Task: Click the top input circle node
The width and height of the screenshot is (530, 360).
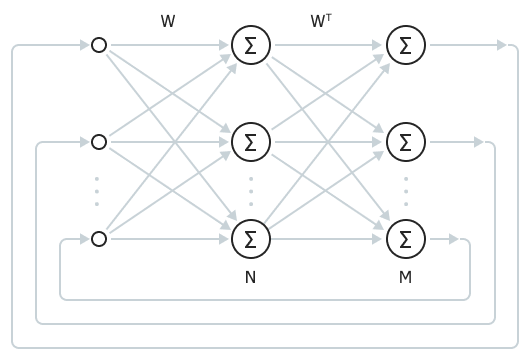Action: [x=98, y=45]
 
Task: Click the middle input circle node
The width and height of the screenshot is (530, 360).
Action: [x=98, y=142]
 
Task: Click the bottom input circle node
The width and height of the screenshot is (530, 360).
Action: [x=98, y=238]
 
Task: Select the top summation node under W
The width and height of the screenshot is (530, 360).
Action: [x=250, y=45]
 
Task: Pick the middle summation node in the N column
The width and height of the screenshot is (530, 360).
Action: [x=250, y=142]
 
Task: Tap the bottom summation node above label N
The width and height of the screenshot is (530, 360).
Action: [x=250, y=238]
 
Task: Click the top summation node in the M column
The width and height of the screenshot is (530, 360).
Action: [x=405, y=45]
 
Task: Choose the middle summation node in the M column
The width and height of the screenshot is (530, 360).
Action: [x=405, y=142]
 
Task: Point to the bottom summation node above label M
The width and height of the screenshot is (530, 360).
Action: [x=405, y=238]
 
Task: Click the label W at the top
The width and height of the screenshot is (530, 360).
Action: [x=167, y=20]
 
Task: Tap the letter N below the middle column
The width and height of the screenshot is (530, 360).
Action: [x=250, y=277]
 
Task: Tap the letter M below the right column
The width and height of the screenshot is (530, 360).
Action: [x=405, y=277]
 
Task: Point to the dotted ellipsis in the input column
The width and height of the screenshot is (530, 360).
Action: [x=97, y=190]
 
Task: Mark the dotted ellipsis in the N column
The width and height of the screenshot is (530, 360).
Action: [x=250, y=190]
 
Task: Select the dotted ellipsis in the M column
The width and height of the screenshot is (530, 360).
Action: [x=405, y=190]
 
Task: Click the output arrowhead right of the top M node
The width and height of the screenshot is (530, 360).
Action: [x=501, y=45]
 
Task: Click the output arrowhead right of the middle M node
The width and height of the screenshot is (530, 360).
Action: [x=478, y=142]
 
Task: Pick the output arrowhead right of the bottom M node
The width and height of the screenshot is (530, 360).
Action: [x=454, y=239]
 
